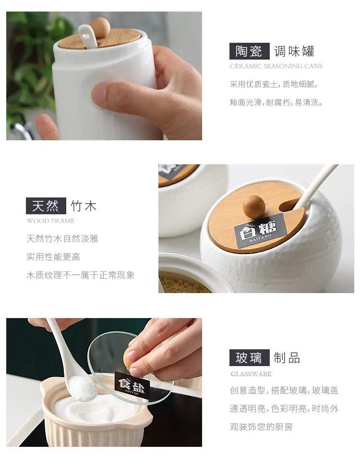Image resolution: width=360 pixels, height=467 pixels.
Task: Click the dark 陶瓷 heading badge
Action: tap(249, 51)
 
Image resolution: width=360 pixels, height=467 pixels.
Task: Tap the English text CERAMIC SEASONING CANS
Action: tap(276, 66)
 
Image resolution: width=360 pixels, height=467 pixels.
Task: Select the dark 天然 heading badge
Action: tap(46, 206)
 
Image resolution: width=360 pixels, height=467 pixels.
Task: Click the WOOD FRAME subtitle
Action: tap(50, 221)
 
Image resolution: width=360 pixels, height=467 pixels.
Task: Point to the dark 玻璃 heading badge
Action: tap(249, 357)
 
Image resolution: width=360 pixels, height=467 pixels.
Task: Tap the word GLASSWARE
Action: tap(251, 374)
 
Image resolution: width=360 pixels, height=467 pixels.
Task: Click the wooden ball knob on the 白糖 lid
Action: tap(254, 206)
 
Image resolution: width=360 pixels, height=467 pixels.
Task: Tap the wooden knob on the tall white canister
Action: tap(100, 27)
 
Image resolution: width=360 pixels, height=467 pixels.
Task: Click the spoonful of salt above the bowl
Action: tap(82, 388)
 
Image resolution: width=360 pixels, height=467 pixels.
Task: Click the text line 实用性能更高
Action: tap(53, 257)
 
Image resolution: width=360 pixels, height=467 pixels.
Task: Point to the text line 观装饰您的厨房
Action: tap(261, 427)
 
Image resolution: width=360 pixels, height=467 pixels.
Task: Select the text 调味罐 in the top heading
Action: tap(294, 51)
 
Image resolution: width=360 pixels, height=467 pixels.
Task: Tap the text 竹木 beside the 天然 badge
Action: tap(84, 206)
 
